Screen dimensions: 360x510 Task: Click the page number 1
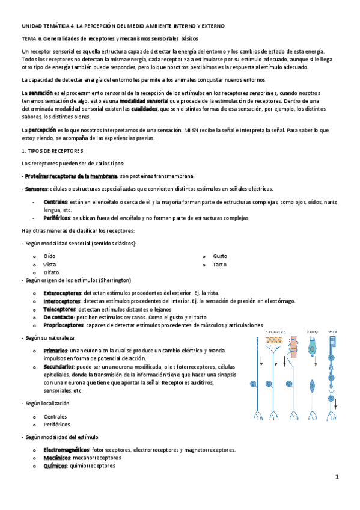tap(338, 476)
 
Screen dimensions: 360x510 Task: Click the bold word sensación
tap(41, 94)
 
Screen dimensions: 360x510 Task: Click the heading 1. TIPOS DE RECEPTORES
tap(52, 150)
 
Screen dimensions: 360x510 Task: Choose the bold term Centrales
tap(55, 202)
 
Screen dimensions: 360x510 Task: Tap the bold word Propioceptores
tap(62, 324)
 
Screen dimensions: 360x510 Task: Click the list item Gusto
tap(220, 256)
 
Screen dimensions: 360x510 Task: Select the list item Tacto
tap(219, 264)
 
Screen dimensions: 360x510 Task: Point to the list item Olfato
tap(51, 272)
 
